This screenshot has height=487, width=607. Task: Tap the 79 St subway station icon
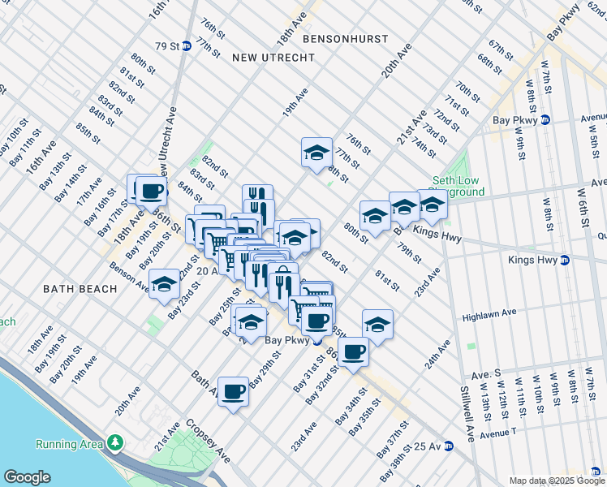pos(186,45)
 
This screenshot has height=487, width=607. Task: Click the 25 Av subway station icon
pos(446,446)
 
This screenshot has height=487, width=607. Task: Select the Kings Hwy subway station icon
pos(566,261)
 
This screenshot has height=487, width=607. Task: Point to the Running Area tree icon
pos(117,443)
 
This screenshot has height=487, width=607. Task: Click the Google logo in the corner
pos(27,476)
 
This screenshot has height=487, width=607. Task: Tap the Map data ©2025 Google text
pos(556,481)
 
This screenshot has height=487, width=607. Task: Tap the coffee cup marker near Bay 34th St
pos(354,352)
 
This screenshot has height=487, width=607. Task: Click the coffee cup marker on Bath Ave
pos(234,391)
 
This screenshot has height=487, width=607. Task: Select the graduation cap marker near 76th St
pos(316,152)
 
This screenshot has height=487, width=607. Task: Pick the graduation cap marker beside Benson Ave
pos(164,284)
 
